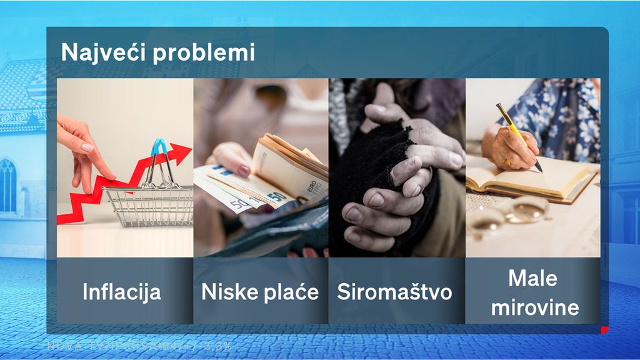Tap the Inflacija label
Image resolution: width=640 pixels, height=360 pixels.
122,291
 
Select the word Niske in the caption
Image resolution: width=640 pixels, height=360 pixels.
227,291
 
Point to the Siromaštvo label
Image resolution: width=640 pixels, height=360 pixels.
394,291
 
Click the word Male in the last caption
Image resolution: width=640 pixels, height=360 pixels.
532,277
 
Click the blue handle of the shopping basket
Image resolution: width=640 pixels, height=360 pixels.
160,149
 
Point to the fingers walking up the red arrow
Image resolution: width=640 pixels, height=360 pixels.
85,153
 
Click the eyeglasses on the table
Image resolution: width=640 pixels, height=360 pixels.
506,216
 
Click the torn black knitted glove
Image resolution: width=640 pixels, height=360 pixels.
375,156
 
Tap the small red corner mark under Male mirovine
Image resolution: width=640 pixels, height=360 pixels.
604,329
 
